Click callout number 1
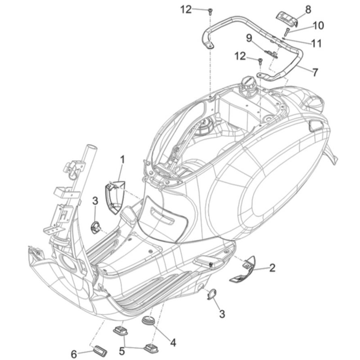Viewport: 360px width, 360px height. click(123, 160)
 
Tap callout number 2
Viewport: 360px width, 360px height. click(272, 268)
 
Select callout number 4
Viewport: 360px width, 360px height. click(173, 343)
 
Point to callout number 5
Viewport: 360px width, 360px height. click(122, 351)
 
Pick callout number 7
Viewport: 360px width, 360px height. click(316, 72)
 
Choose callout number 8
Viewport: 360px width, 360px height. click(308, 10)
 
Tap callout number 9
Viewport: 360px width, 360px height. click(249, 38)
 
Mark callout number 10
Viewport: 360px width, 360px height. click(318, 25)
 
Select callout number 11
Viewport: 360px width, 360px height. click(317, 43)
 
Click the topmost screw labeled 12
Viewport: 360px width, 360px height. click(210, 11)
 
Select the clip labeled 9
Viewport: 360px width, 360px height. click(271, 54)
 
